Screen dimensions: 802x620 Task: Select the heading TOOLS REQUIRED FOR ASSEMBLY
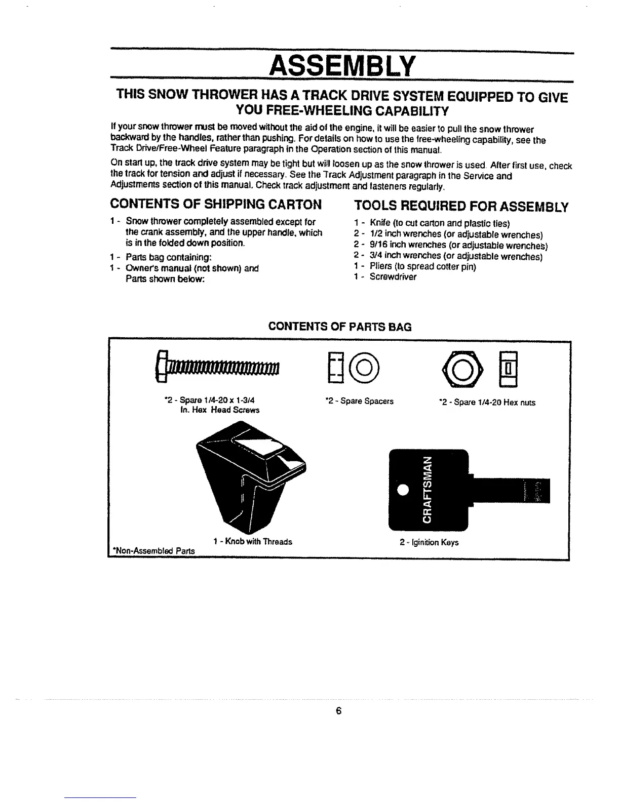pos(461,207)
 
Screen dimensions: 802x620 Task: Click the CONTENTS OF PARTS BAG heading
pos(340,327)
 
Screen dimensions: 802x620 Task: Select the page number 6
pos(339,711)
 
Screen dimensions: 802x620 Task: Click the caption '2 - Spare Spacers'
pos(359,402)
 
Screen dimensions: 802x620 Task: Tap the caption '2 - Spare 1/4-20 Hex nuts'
pos(487,403)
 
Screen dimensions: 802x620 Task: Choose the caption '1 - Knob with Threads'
pos(253,542)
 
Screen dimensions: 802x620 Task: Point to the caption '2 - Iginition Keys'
pos(429,542)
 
